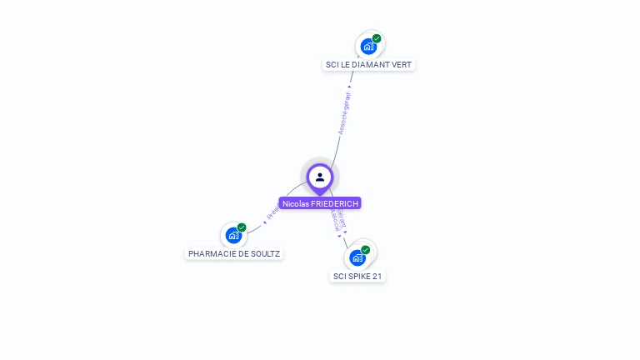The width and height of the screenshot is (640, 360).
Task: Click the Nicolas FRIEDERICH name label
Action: coord(320,203)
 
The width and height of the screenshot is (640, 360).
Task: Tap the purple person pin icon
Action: coord(320,177)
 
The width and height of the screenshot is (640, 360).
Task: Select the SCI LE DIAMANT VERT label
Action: coord(368,65)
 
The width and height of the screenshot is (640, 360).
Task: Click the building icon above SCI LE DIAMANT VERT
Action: coord(368,47)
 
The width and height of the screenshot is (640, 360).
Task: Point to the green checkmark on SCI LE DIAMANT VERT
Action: coord(377,38)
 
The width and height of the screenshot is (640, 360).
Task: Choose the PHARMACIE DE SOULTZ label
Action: coord(234,253)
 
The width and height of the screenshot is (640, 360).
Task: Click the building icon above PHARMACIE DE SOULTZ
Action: coord(233,236)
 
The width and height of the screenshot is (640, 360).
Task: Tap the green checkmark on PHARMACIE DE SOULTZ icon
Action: coord(242,227)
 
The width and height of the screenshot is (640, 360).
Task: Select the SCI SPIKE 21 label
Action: coord(358,276)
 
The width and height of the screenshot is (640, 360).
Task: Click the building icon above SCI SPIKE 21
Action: coord(357,257)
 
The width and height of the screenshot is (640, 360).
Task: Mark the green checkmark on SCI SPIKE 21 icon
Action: coord(365,250)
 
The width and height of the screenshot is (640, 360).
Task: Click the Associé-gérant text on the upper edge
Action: coord(344,112)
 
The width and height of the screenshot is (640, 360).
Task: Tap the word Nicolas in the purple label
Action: coord(295,203)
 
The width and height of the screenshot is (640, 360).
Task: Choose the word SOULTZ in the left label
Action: coord(265,253)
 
